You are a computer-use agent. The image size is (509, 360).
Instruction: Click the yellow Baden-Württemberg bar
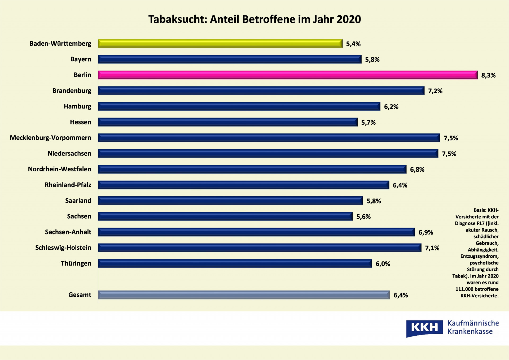pyautogui.click(x=220, y=44)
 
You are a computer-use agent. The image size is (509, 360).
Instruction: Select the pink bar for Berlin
pyautogui.click(x=288, y=75)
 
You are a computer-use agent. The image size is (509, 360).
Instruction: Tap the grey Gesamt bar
pyautogui.click(x=244, y=295)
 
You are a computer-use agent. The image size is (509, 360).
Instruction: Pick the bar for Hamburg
pyautogui.click(x=239, y=106)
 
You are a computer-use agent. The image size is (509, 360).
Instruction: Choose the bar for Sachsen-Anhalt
pyautogui.click(x=256, y=232)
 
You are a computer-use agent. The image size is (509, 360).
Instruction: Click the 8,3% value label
pyautogui.click(x=488, y=75)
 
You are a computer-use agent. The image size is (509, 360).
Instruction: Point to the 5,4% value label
pyautogui.click(x=353, y=44)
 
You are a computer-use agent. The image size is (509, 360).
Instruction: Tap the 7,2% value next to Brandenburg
pyautogui.click(x=435, y=91)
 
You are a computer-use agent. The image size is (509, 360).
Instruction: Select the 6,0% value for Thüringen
pyautogui.click(x=383, y=264)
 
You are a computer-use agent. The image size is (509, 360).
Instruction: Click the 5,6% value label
pyautogui.click(x=363, y=217)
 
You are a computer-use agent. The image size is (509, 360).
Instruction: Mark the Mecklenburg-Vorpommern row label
pyautogui.click(x=50, y=138)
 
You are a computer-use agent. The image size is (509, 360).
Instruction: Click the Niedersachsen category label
pyautogui.click(x=69, y=153)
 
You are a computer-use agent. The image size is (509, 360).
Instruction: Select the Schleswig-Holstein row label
pyautogui.click(x=63, y=248)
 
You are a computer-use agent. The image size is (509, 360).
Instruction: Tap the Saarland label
pyautogui.click(x=78, y=201)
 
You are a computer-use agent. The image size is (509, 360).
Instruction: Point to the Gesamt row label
pyautogui.click(x=80, y=295)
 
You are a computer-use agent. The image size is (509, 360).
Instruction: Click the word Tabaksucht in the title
pyautogui.click(x=177, y=19)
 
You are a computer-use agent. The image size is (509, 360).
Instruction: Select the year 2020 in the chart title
pyautogui.click(x=349, y=19)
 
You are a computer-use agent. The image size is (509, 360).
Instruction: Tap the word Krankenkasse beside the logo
pyautogui.click(x=470, y=332)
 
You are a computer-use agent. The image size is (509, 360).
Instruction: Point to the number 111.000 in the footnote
pyautogui.click(x=464, y=289)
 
